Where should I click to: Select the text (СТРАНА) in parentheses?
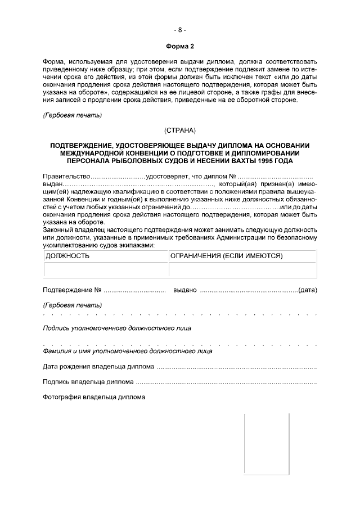tap(179, 130)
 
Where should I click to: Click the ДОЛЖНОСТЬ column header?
tap(67, 255)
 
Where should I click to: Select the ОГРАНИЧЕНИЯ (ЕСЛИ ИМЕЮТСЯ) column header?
tap(226, 255)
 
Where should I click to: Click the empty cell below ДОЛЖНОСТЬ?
tap(106, 269)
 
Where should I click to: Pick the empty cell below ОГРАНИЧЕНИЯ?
tap(242, 269)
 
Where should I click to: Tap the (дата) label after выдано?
tap(308, 290)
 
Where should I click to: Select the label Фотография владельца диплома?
tap(94, 397)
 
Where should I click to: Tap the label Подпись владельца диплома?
tap(88, 382)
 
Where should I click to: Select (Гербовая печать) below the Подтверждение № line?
tap(73, 305)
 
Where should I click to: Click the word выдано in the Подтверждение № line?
tap(185, 290)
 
